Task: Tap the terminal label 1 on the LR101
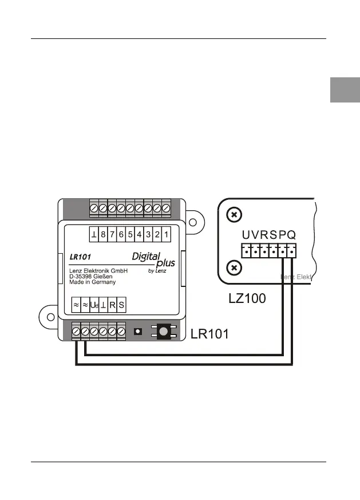tap(166, 235)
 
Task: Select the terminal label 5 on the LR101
tap(130, 235)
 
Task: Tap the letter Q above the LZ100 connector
tap(291, 235)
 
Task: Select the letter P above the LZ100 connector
tap(282, 235)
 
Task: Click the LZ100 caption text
tap(247, 298)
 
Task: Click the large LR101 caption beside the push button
tap(209, 334)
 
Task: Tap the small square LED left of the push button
tap(137, 331)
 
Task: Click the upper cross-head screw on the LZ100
tap(233, 215)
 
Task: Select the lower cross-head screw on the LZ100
tap(233, 267)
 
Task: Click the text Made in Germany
tap(92, 282)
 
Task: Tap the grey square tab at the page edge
tap(345, 90)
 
